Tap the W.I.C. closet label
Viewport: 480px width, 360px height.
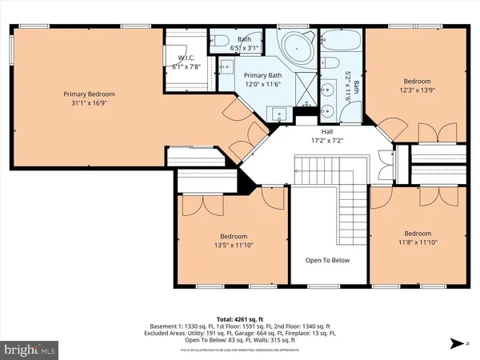pos(186,58)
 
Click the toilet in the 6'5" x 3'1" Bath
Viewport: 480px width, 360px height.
pos(222,41)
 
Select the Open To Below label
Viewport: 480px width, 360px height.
pos(328,260)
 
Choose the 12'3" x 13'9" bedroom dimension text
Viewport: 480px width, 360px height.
pos(418,90)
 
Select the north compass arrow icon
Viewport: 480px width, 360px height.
pos(456,344)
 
